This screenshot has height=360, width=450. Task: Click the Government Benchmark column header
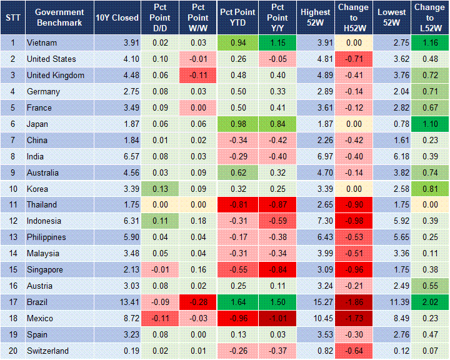[x=59, y=17]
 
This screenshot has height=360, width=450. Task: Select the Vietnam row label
[x=41, y=42]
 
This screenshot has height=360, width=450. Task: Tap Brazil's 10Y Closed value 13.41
[x=117, y=302]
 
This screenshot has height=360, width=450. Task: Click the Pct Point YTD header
[x=237, y=17]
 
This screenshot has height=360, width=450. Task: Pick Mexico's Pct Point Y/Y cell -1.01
[x=276, y=319]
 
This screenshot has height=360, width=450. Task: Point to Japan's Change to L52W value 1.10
[x=429, y=124]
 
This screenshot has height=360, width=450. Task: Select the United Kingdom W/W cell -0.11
[x=197, y=75]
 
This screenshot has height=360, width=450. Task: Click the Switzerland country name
[x=47, y=351]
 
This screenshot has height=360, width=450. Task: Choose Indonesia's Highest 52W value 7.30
[x=315, y=221]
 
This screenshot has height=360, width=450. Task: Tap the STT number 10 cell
[x=12, y=189]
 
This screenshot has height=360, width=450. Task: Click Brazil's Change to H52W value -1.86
[x=354, y=302]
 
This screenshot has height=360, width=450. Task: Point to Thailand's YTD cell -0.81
[x=237, y=205]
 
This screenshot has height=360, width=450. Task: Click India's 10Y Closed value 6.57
[x=117, y=156]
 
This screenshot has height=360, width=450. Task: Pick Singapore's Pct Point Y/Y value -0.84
[x=276, y=270]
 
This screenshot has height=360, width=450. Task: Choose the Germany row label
[x=43, y=91]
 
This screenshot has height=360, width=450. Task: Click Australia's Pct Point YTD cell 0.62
[x=237, y=172]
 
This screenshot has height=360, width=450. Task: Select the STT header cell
[x=12, y=17]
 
